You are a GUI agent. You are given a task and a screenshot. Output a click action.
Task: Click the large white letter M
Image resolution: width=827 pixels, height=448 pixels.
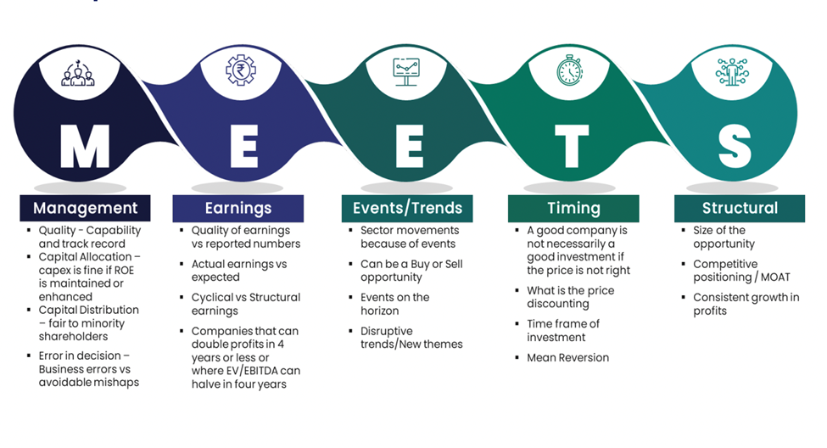(x=85, y=146)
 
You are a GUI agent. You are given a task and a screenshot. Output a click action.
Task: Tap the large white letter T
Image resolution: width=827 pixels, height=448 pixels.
(x=572, y=146)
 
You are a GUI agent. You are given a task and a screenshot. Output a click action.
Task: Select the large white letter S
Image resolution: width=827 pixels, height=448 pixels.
(x=735, y=146)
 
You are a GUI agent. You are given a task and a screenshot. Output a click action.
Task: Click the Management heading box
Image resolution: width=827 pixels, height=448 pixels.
(x=85, y=208)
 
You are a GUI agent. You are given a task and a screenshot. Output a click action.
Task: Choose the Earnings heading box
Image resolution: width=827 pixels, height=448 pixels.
(x=237, y=208)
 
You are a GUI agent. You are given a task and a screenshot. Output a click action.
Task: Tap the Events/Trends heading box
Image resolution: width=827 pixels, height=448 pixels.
(x=407, y=208)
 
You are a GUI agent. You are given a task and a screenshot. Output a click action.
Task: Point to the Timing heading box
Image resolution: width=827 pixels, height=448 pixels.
(x=573, y=208)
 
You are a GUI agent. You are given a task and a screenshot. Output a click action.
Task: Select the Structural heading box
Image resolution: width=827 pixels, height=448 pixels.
(x=740, y=208)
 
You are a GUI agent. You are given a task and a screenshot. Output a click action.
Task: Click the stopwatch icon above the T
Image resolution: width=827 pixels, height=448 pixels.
(x=570, y=70)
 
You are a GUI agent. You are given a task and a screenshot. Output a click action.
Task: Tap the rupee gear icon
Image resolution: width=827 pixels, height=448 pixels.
(x=241, y=70)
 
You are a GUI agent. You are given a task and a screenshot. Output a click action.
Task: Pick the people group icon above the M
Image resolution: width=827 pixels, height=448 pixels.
(x=78, y=73)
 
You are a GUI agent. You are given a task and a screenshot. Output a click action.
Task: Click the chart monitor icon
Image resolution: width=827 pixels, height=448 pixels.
(x=406, y=72)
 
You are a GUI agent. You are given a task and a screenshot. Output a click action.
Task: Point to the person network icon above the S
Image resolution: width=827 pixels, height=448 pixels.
(x=732, y=72)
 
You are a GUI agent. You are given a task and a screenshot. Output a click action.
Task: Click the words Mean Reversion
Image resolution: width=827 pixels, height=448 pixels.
(x=568, y=358)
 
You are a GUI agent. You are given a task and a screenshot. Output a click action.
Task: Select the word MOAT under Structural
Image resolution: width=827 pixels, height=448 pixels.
(x=775, y=277)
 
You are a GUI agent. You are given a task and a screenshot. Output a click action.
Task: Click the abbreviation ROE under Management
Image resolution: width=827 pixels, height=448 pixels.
(x=124, y=270)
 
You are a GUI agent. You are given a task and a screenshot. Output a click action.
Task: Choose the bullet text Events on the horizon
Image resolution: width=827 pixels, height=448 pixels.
(x=395, y=304)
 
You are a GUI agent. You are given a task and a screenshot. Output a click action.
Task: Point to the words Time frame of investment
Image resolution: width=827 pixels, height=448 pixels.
(x=563, y=330)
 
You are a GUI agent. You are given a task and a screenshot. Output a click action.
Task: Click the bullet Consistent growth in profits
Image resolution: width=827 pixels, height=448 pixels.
(x=746, y=304)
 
